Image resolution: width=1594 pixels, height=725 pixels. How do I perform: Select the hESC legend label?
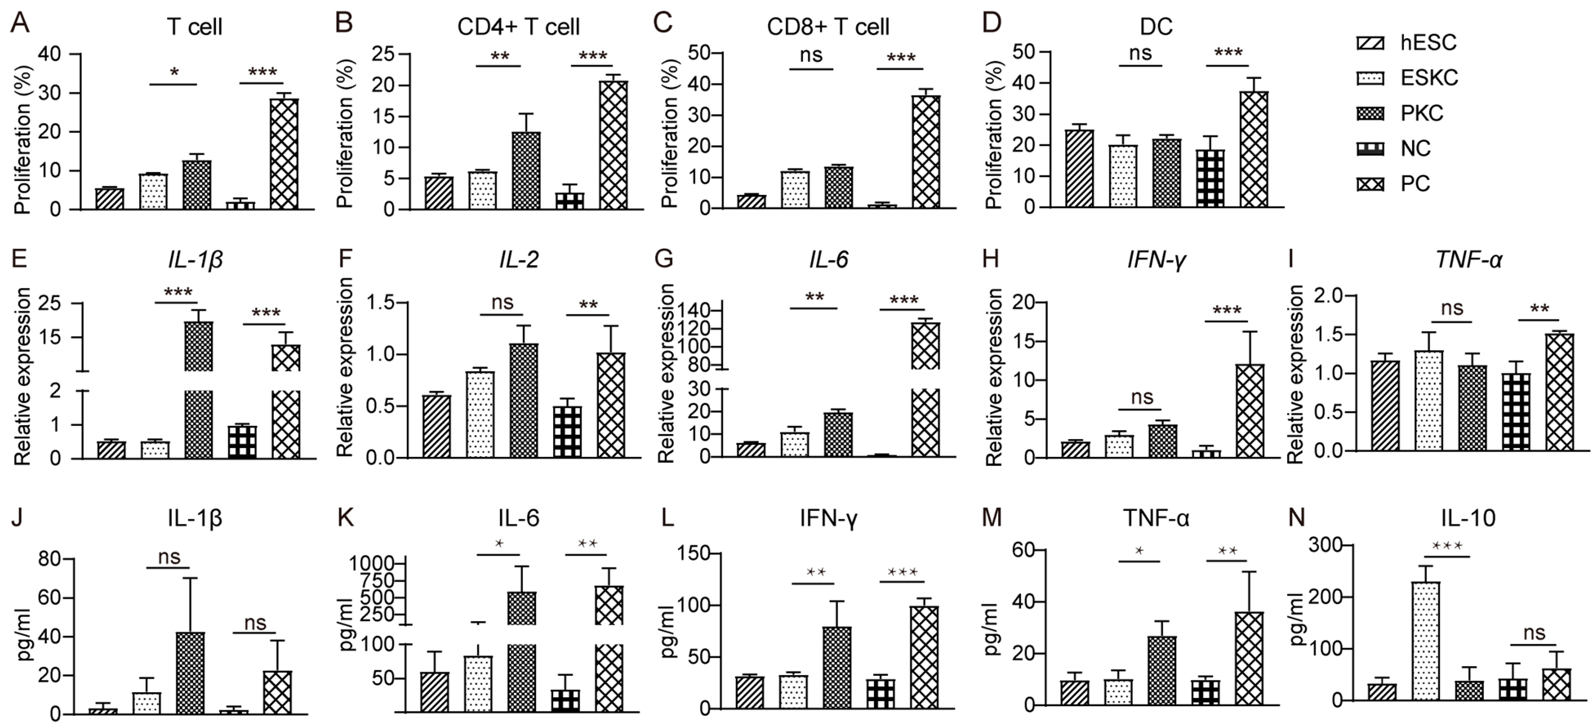[1428, 43]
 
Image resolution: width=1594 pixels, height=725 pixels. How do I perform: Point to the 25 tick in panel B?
[383, 54]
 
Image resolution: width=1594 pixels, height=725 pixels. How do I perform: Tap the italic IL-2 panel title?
[519, 260]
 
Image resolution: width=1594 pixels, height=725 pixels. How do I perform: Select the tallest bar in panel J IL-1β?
[190, 673]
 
